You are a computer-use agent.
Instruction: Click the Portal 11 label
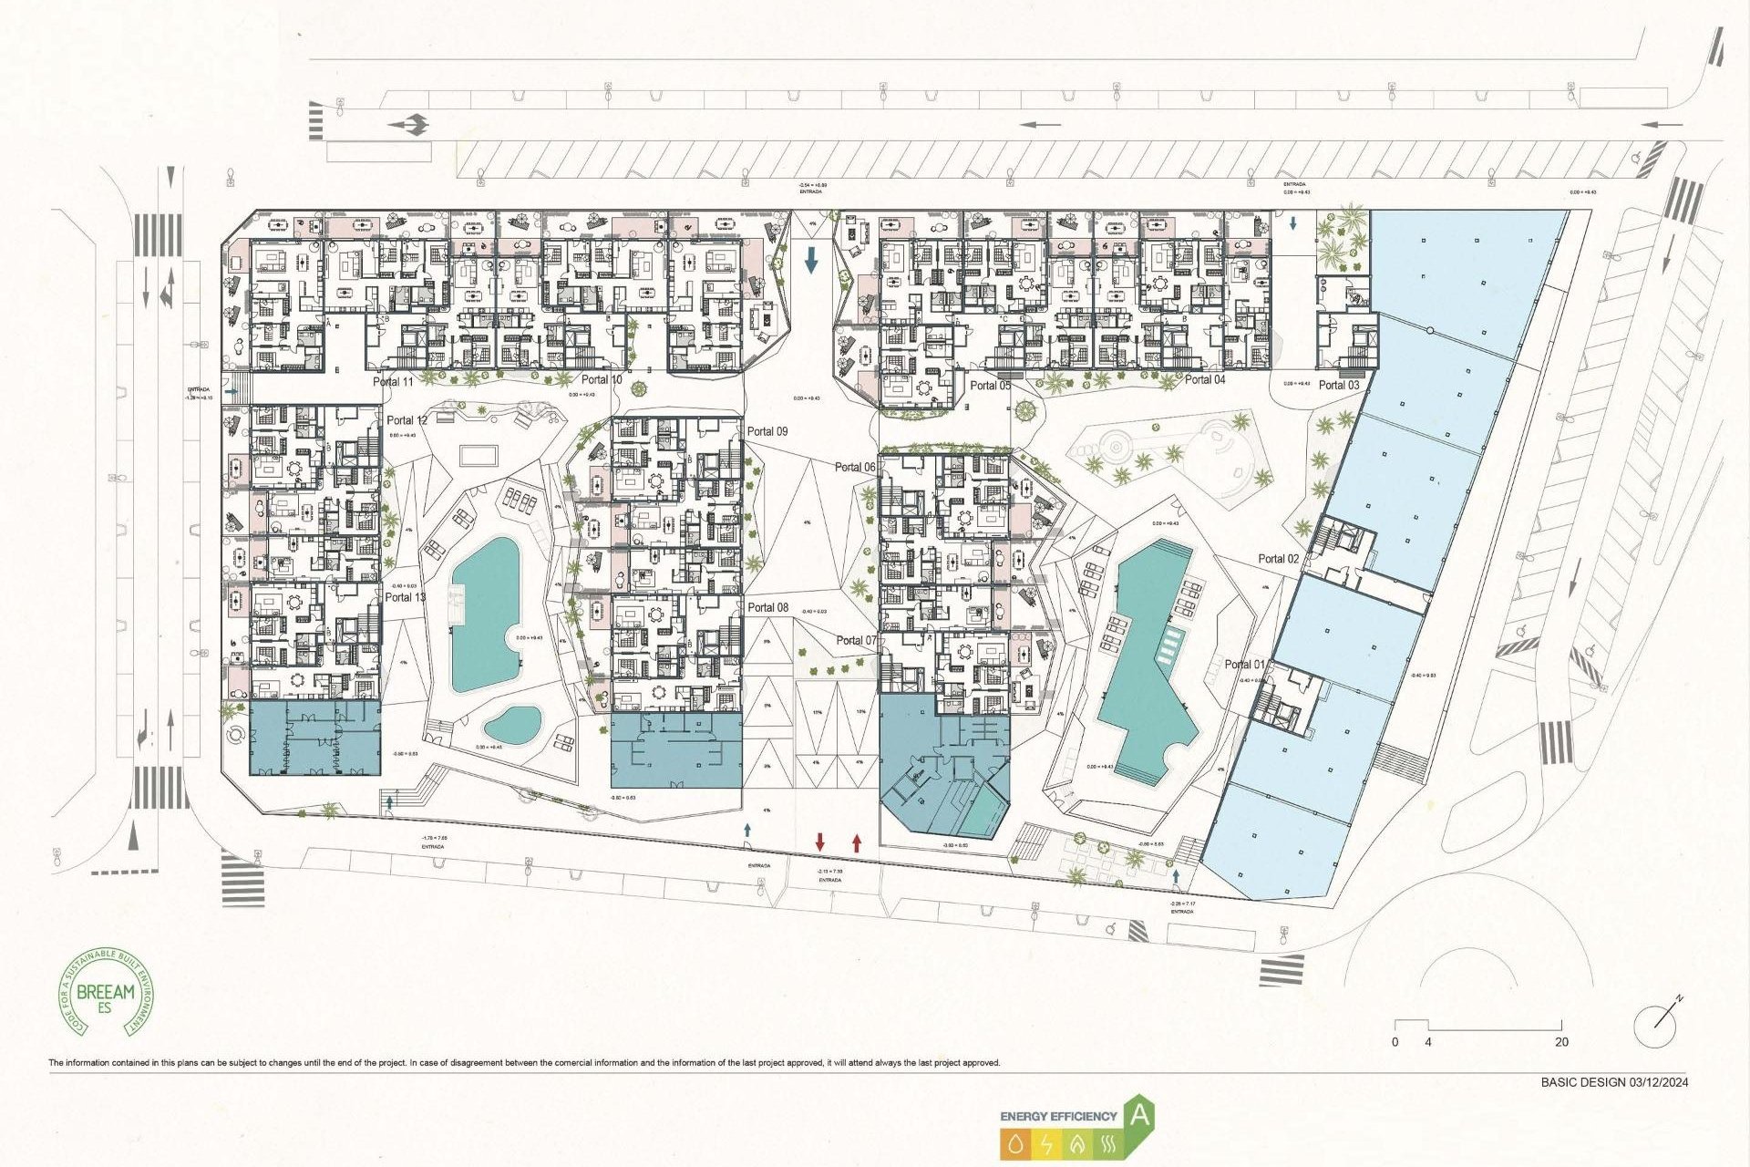[x=393, y=382]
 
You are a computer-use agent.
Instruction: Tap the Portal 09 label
[x=767, y=431]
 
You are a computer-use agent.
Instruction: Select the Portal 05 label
[x=990, y=386]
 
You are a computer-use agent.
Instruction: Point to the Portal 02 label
[x=1278, y=559]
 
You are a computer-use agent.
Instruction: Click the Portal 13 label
[x=405, y=597]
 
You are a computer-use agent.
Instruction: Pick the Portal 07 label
[x=856, y=641]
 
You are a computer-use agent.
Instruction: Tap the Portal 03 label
[x=1338, y=386]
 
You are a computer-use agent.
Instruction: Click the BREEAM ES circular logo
[x=107, y=992]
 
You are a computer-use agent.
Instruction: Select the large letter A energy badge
[x=1139, y=1115]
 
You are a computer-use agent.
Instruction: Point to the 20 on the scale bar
[x=1561, y=1042]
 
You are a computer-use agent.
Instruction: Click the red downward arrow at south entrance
[x=819, y=842]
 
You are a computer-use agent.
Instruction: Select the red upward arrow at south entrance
[x=856, y=842]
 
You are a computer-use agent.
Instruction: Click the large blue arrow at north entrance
[x=811, y=261]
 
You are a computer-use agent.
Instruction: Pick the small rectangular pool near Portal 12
[x=479, y=455]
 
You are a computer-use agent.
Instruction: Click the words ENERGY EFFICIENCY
[x=1057, y=1116]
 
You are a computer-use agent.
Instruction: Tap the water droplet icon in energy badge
[x=1015, y=1144]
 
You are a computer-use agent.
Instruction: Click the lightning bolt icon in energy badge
[x=1046, y=1144]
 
